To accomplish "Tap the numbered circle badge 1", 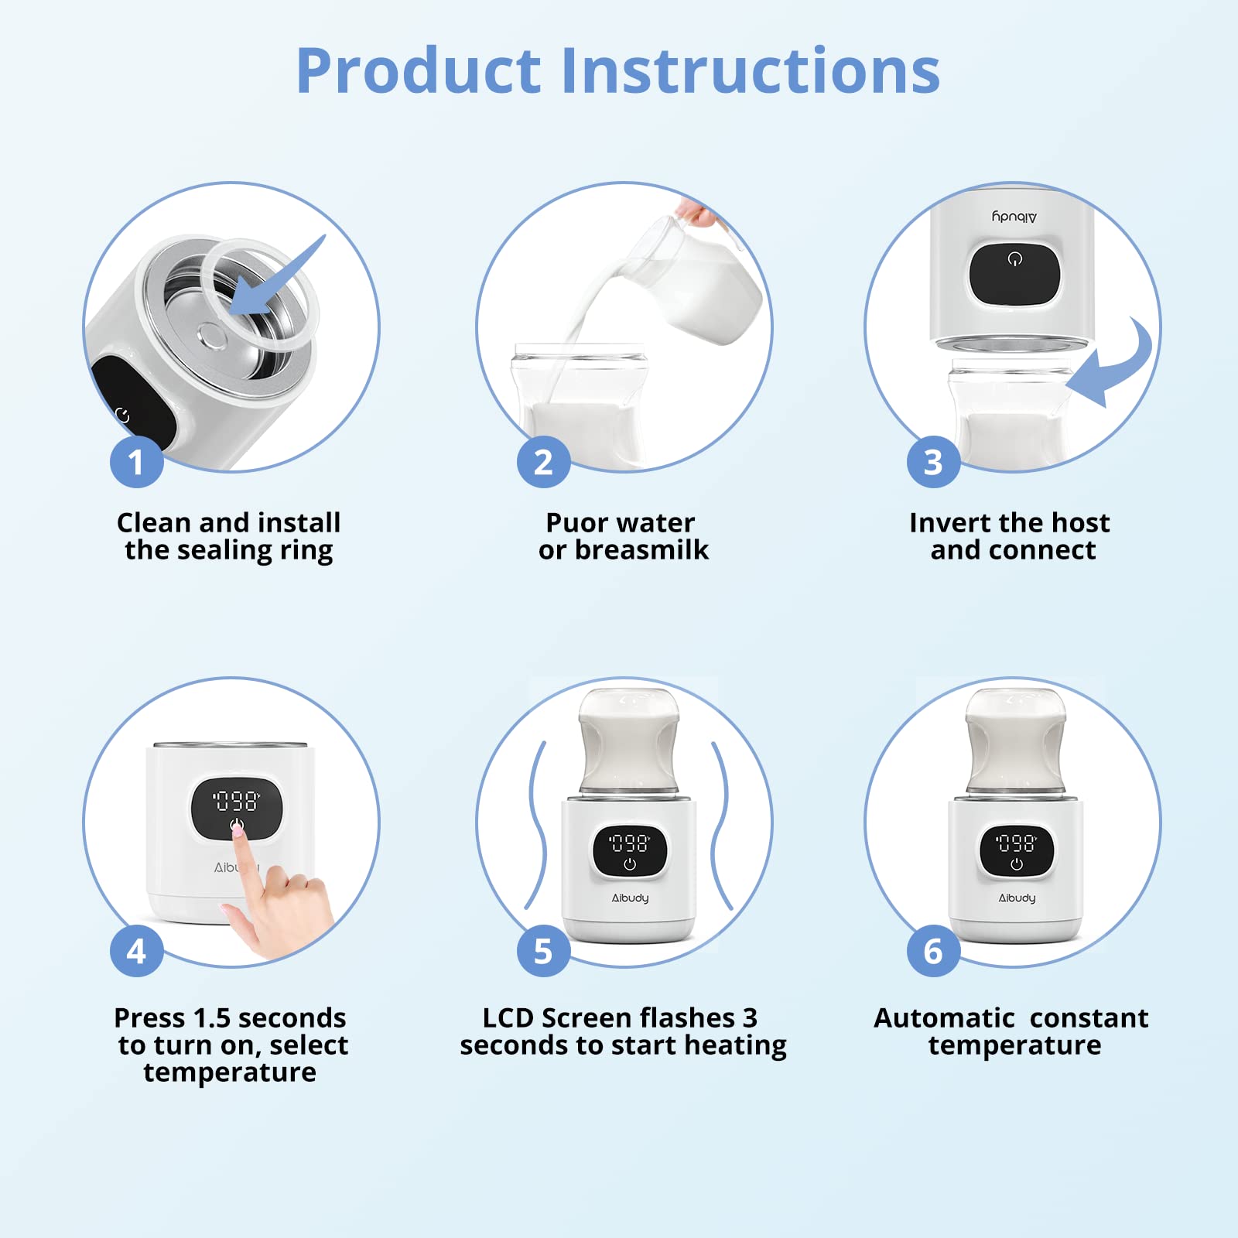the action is (136, 462).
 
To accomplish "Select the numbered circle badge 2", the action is (543, 462).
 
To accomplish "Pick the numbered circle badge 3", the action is (933, 462).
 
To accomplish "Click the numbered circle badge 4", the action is (136, 950).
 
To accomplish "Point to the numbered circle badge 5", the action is (543, 950).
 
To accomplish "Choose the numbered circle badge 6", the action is (933, 950).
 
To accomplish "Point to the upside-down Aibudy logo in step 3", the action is (1014, 217).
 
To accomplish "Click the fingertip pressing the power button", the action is (238, 827).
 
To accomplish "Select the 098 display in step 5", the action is (629, 843).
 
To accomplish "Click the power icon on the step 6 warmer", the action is (1016, 864).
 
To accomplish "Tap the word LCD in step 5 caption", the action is (508, 1018).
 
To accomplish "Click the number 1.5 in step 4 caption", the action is (212, 1018).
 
